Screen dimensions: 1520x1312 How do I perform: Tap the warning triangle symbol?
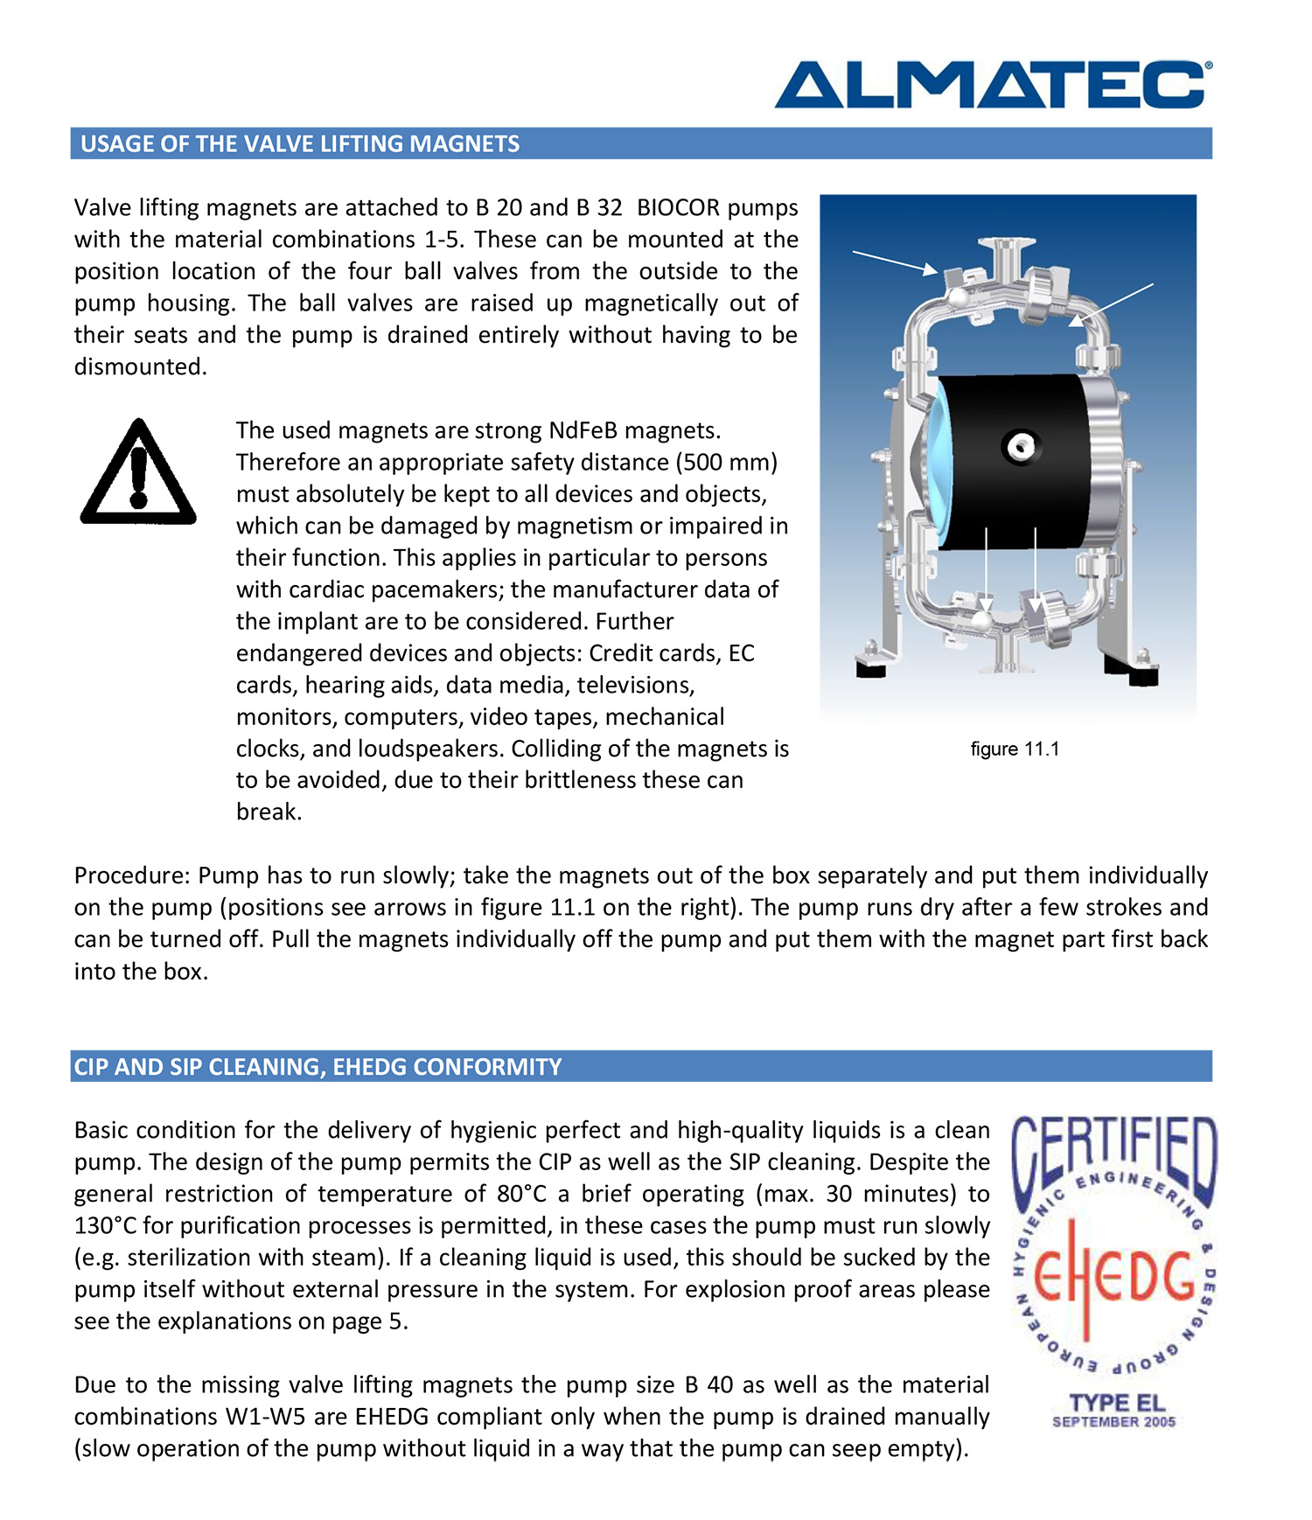pos(138,473)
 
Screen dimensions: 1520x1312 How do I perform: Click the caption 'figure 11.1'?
pos(1015,750)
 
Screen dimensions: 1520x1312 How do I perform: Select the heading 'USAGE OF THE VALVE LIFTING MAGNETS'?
pos(300,144)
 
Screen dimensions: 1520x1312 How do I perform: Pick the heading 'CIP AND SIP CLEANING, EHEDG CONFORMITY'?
pos(318,1067)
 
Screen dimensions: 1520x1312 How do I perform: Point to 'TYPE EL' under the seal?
pos(1117,1403)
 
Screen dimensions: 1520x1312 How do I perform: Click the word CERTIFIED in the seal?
pos(1114,1154)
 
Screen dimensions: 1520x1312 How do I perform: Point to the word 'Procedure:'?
pos(132,876)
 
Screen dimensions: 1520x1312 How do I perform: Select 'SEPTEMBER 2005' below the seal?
pos(1113,1422)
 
